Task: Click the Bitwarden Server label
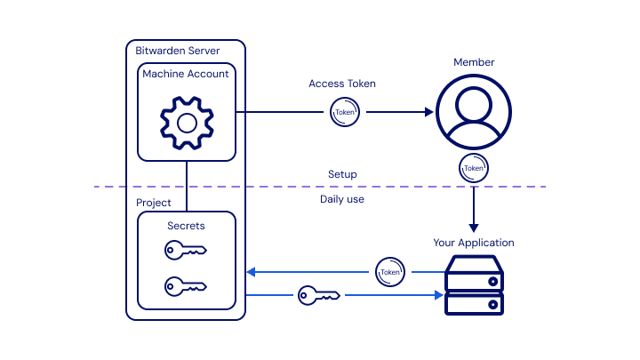point(178,51)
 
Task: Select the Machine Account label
point(186,74)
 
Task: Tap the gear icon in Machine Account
point(187,121)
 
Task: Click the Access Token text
point(342,84)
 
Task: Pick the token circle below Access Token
point(344,112)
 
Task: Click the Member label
point(474,62)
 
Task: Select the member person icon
point(474,110)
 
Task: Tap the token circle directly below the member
point(474,167)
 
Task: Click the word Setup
point(342,174)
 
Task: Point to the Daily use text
point(342,199)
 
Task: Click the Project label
point(154,203)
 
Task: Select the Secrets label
point(186,226)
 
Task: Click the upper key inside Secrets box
point(186,252)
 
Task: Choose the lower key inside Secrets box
point(186,286)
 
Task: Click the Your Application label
point(474,243)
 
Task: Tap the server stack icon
point(474,284)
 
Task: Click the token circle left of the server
point(389,271)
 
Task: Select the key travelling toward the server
point(319,294)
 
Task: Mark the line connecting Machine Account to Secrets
point(187,186)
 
